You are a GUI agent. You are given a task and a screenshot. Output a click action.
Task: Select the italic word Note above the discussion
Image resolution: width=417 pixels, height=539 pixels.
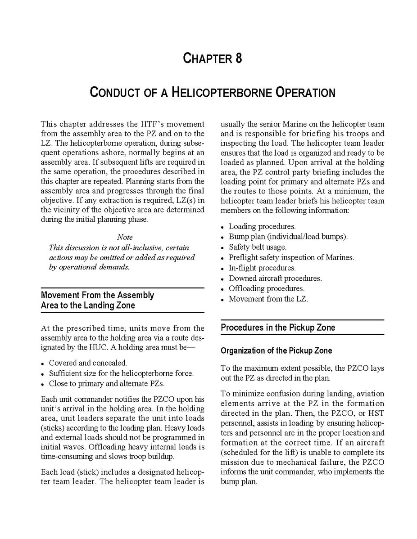coord(125,237)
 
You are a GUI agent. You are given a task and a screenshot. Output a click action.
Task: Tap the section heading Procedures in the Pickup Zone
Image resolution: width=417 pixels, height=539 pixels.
coord(278,328)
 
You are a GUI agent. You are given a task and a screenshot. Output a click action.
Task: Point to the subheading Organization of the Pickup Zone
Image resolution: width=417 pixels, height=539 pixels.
coord(276,351)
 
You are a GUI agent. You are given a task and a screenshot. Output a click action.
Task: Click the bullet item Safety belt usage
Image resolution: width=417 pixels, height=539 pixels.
coord(257,247)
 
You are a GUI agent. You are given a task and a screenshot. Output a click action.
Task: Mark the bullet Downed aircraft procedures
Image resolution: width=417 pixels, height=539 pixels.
coord(275,278)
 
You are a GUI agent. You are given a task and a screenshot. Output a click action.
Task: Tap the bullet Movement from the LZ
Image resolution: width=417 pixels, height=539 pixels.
coord(268,299)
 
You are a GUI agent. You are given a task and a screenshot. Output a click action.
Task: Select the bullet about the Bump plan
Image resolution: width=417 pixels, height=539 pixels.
coord(288,237)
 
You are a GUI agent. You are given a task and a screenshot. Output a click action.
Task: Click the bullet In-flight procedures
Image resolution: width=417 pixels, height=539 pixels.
coord(262,268)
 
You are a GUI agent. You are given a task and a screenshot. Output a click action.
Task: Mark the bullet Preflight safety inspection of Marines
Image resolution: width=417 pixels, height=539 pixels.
coord(291,257)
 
